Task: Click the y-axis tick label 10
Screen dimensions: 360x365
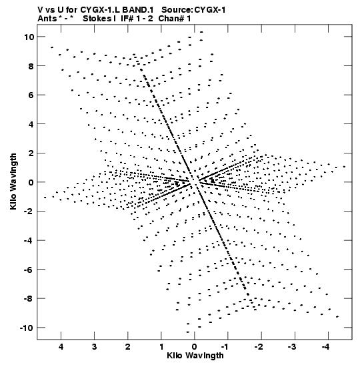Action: (x=29, y=37)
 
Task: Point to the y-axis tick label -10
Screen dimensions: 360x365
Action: (x=27, y=328)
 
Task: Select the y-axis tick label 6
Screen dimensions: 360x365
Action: (x=31, y=95)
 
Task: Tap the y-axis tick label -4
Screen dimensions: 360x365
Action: (x=29, y=240)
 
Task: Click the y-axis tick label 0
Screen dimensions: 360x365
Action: (x=31, y=182)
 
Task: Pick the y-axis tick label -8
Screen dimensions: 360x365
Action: (x=29, y=299)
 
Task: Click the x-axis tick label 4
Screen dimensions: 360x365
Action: (x=61, y=347)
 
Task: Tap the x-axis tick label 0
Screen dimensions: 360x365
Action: (x=195, y=347)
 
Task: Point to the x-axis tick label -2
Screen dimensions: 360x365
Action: (x=259, y=347)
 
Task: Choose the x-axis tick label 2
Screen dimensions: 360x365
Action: (x=128, y=347)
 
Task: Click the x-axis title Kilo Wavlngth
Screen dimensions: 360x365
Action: (x=195, y=356)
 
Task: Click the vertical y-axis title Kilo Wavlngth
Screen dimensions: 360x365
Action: (x=13, y=181)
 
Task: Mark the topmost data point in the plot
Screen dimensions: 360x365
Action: (x=201, y=32)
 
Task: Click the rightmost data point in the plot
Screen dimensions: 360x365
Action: (x=345, y=167)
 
